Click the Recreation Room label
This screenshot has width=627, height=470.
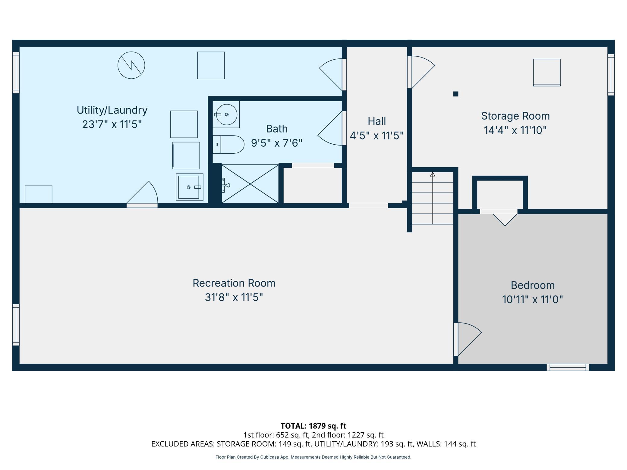pyautogui.click(x=234, y=283)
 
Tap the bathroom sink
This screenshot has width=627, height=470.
pyautogui.click(x=226, y=114)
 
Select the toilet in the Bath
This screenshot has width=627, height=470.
pyautogui.click(x=228, y=145)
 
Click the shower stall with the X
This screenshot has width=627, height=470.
pyautogui.click(x=250, y=184)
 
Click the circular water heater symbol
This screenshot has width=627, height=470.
pyautogui.click(x=131, y=65)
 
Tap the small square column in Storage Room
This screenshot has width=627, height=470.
pyautogui.click(x=456, y=94)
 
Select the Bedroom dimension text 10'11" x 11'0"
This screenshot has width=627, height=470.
pyautogui.click(x=533, y=299)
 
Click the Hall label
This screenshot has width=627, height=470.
pyautogui.click(x=377, y=121)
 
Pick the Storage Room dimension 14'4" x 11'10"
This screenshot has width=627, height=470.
pyautogui.click(x=515, y=130)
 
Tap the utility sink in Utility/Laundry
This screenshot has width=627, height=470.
pyautogui.click(x=190, y=187)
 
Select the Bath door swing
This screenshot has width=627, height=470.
pyautogui.click(x=330, y=128)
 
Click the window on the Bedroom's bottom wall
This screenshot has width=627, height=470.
pyautogui.click(x=568, y=368)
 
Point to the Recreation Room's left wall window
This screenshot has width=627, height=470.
pyautogui.click(x=16, y=325)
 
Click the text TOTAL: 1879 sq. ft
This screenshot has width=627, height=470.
pyautogui.click(x=313, y=426)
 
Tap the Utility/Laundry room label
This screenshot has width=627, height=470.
pyautogui.click(x=112, y=110)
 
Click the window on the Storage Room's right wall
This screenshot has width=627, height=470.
pyautogui.click(x=611, y=75)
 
